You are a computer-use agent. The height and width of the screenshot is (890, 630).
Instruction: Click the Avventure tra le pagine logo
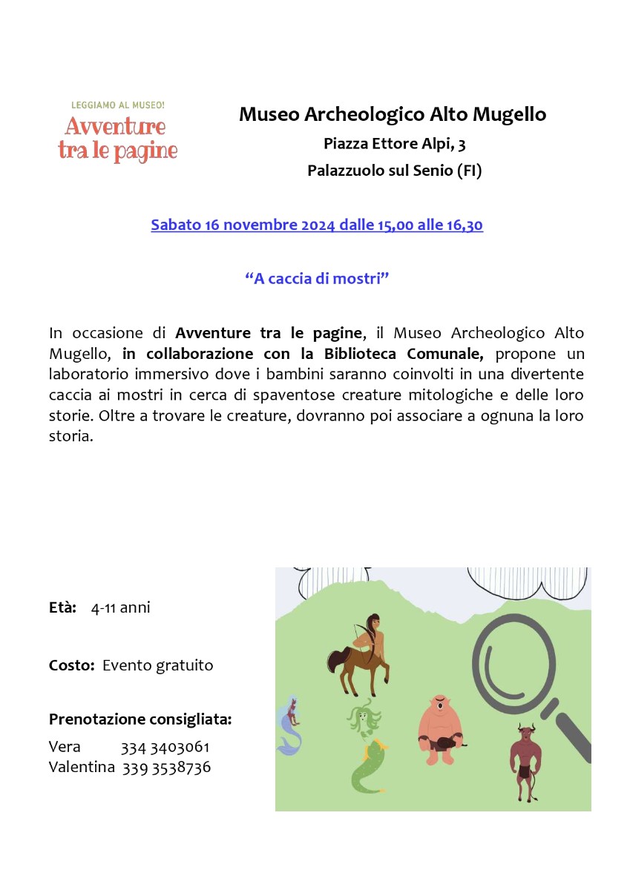[117, 133]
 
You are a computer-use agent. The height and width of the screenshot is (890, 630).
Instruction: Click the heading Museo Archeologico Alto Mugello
[393, 114]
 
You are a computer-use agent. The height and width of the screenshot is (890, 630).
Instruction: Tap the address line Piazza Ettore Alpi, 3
[394, 143]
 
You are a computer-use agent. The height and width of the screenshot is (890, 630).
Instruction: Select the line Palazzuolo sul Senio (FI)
[394, 171]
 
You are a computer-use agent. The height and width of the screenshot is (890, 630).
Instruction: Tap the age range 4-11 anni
[120, 608]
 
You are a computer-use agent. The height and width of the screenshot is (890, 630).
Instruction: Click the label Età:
[63, 608]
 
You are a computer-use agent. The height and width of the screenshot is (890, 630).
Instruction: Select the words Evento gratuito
[157, 665]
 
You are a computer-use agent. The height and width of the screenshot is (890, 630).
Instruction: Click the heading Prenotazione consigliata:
[140, 719]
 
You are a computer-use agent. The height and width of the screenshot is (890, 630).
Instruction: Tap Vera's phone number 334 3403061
[165, 747]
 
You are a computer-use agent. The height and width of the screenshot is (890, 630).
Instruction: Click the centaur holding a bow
[359, 653]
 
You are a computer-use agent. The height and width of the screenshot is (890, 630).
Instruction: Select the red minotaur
[525, 760]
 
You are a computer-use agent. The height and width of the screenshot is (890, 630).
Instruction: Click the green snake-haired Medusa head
[364, 719]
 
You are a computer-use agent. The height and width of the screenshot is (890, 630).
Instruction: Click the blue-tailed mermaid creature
[288, 723]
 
